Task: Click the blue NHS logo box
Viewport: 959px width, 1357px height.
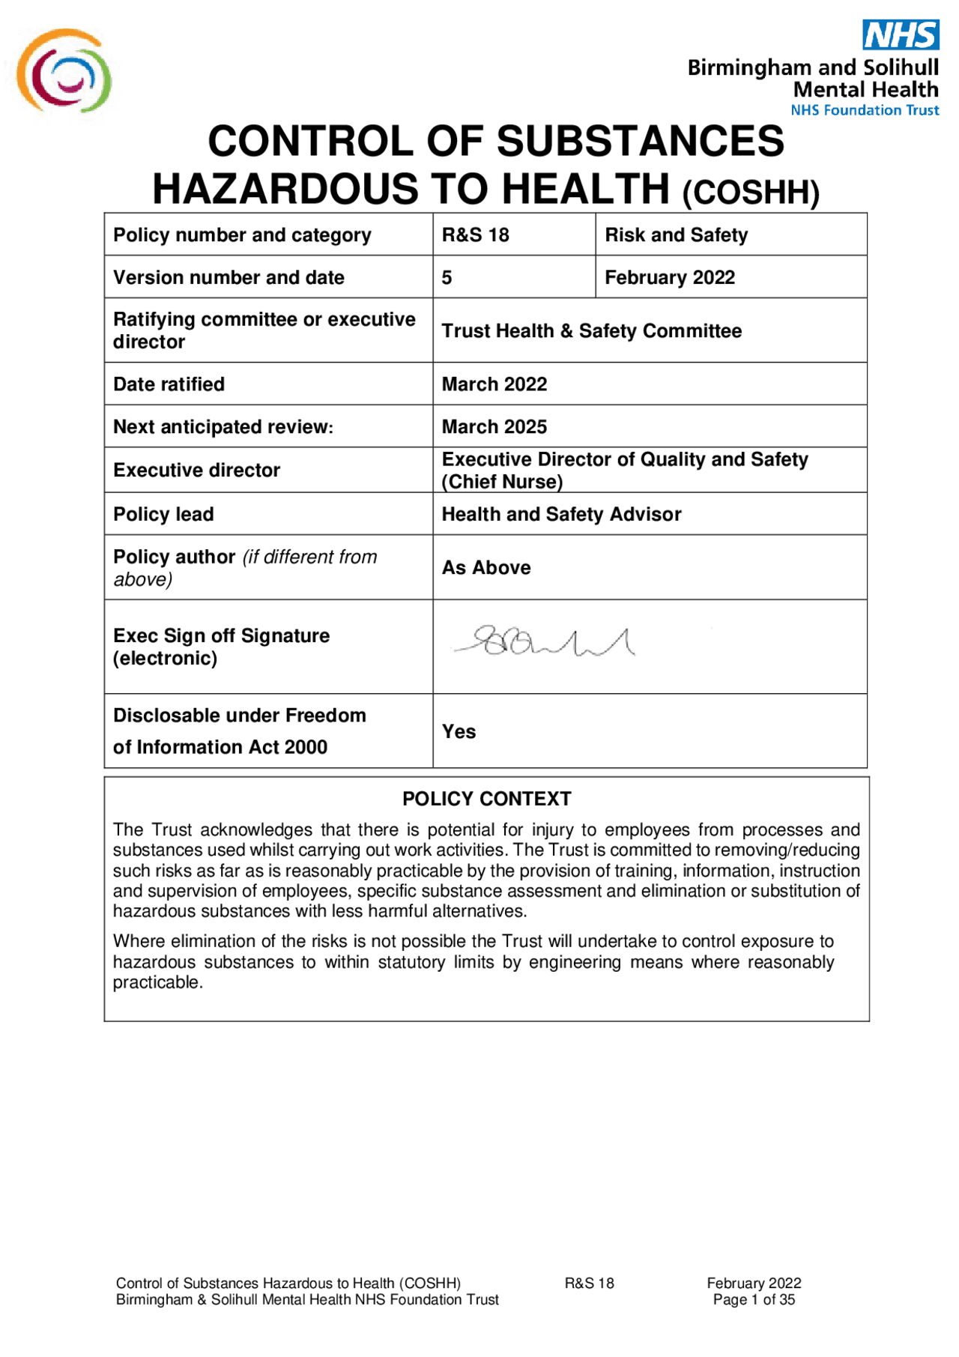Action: (x=901, y=34)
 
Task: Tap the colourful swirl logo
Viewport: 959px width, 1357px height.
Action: (x=64, y=72)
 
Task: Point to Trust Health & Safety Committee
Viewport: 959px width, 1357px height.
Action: (x=591, y=331)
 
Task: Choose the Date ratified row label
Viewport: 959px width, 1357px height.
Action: (x=169, y=384)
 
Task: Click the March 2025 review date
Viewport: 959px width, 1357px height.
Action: (x=494, y=427)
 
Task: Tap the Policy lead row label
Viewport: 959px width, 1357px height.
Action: (x=163, y=515)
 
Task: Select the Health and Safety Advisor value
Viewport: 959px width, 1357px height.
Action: (x=561, y=515)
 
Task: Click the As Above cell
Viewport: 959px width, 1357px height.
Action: (x=485, y=568)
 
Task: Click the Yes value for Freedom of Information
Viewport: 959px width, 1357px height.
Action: (x=459, y=732)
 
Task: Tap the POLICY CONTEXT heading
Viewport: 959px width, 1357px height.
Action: (x=486, y=800)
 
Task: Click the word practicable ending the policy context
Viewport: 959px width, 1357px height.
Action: (x=157, y=983)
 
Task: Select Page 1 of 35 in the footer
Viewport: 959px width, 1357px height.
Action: (x=754, y=1300)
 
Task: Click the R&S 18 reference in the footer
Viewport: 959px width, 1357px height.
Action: (x=589, y=1284)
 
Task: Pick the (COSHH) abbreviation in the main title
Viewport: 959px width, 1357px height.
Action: (x=750, y=193)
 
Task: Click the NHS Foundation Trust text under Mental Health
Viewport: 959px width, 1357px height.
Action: (x=865, y=110)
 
